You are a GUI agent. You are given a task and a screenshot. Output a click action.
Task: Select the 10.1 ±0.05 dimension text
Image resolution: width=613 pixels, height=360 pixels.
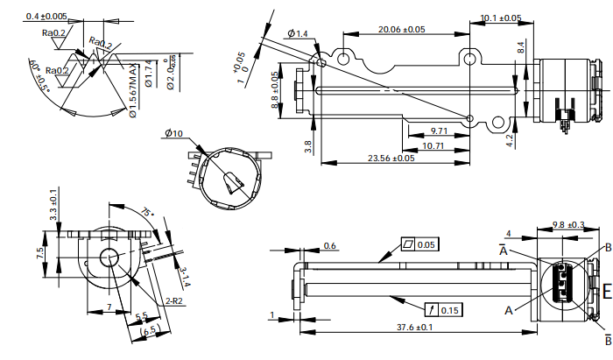click(501, 18)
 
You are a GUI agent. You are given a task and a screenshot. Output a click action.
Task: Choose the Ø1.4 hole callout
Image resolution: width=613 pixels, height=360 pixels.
click(298, 33)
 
